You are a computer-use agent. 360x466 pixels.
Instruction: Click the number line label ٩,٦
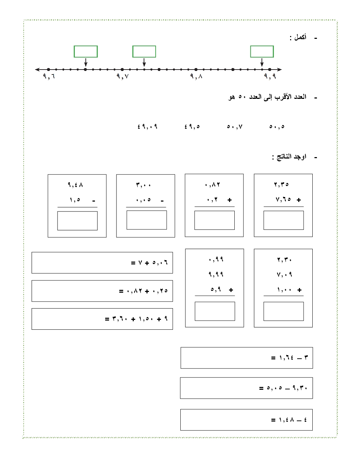pyautogui.click(x=49, y=76)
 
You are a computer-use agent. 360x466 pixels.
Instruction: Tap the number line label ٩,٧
pyautogui.click(x=122, y=76)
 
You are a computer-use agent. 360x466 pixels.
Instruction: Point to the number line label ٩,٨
pyautogui.click(x=196, y=76)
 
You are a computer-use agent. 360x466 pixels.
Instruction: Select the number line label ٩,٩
pyautogui.click(x=270, y=76)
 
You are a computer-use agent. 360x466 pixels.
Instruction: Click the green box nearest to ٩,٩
pyautogui.click(x=262, y=52)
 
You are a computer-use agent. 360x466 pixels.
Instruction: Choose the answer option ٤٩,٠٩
pyautogui.click(x=147, y=126)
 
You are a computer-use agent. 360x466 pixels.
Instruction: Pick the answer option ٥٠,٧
pyautogui.click(x=235, y=126)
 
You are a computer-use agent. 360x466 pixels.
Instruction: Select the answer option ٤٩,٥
pyautogui.click(x=192, y=126)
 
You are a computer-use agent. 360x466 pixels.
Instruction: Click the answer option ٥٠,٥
pyautogui.click(x=277, y=126)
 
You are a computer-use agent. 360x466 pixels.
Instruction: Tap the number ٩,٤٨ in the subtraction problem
pyautogui.click(x=75, y=185)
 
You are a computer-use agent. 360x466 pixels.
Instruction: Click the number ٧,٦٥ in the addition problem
pyautogui.click(x=283, y=199)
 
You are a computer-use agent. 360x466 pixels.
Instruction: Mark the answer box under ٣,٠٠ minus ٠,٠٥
pyautogui.click(x=146, y=220)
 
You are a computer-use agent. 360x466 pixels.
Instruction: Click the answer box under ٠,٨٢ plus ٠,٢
pyautogui.click(x=214, y=220)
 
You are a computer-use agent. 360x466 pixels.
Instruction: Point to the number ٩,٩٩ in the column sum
pyautogui.click(x=216, y=274)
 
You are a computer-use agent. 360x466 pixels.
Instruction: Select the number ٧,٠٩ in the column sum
pyautogui.click(x=284, y=274)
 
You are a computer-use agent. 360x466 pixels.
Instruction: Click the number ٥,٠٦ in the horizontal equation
pyautogui.click(x=160, y=263)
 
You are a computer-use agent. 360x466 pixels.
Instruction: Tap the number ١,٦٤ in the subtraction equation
pyautogui.click(x=286, y=358)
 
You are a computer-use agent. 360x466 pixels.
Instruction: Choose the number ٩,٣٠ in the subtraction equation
pyautogui.click(x=300, y=388)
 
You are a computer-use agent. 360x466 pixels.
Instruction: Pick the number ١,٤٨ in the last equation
pyautogui.click(x=286, y=420)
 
